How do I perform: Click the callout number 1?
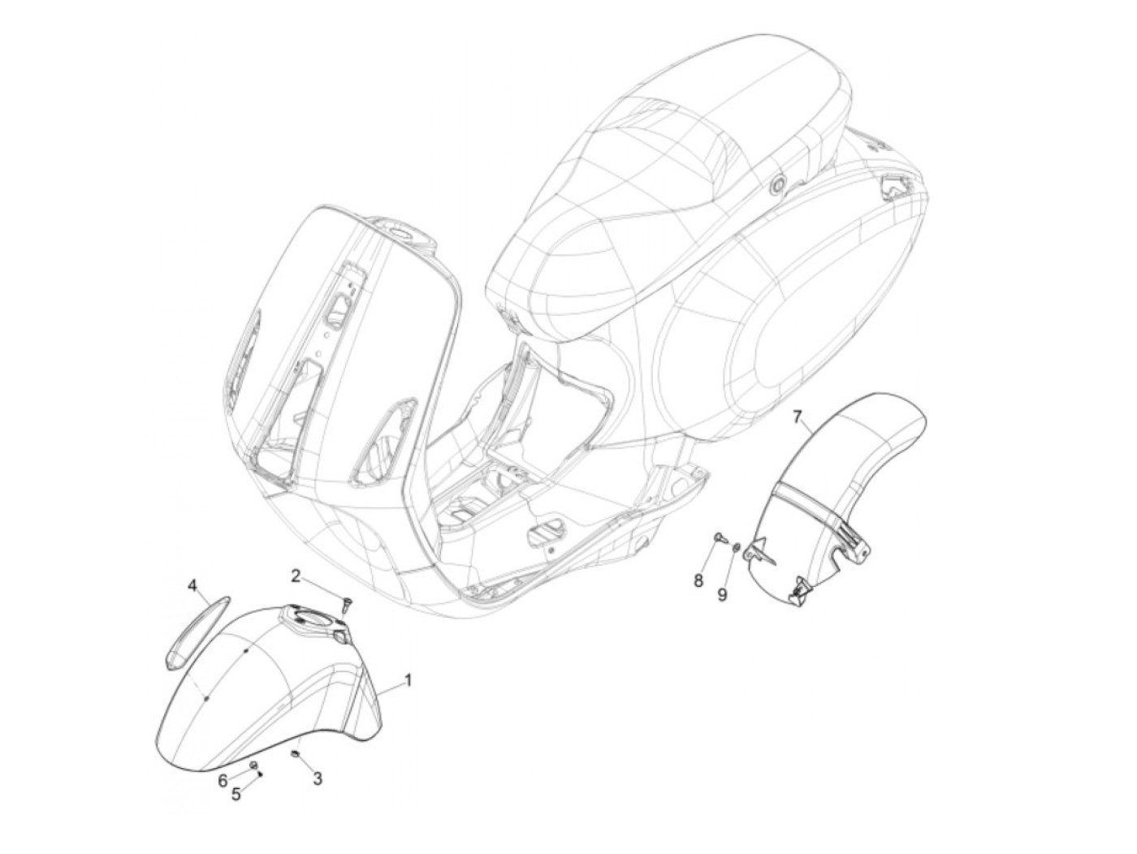(x=408, y=680)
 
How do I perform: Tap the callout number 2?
(x=296, y=576)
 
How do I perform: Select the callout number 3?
(x=318, y=779)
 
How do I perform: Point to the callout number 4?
(x=192, y=585)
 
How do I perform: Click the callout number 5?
(x=236, y=795)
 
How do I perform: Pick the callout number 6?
(x=223, y=781)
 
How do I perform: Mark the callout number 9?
(x=722, y=594)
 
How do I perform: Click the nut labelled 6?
(x=253, y=766)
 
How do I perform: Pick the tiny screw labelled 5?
(x=260, y=774)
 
